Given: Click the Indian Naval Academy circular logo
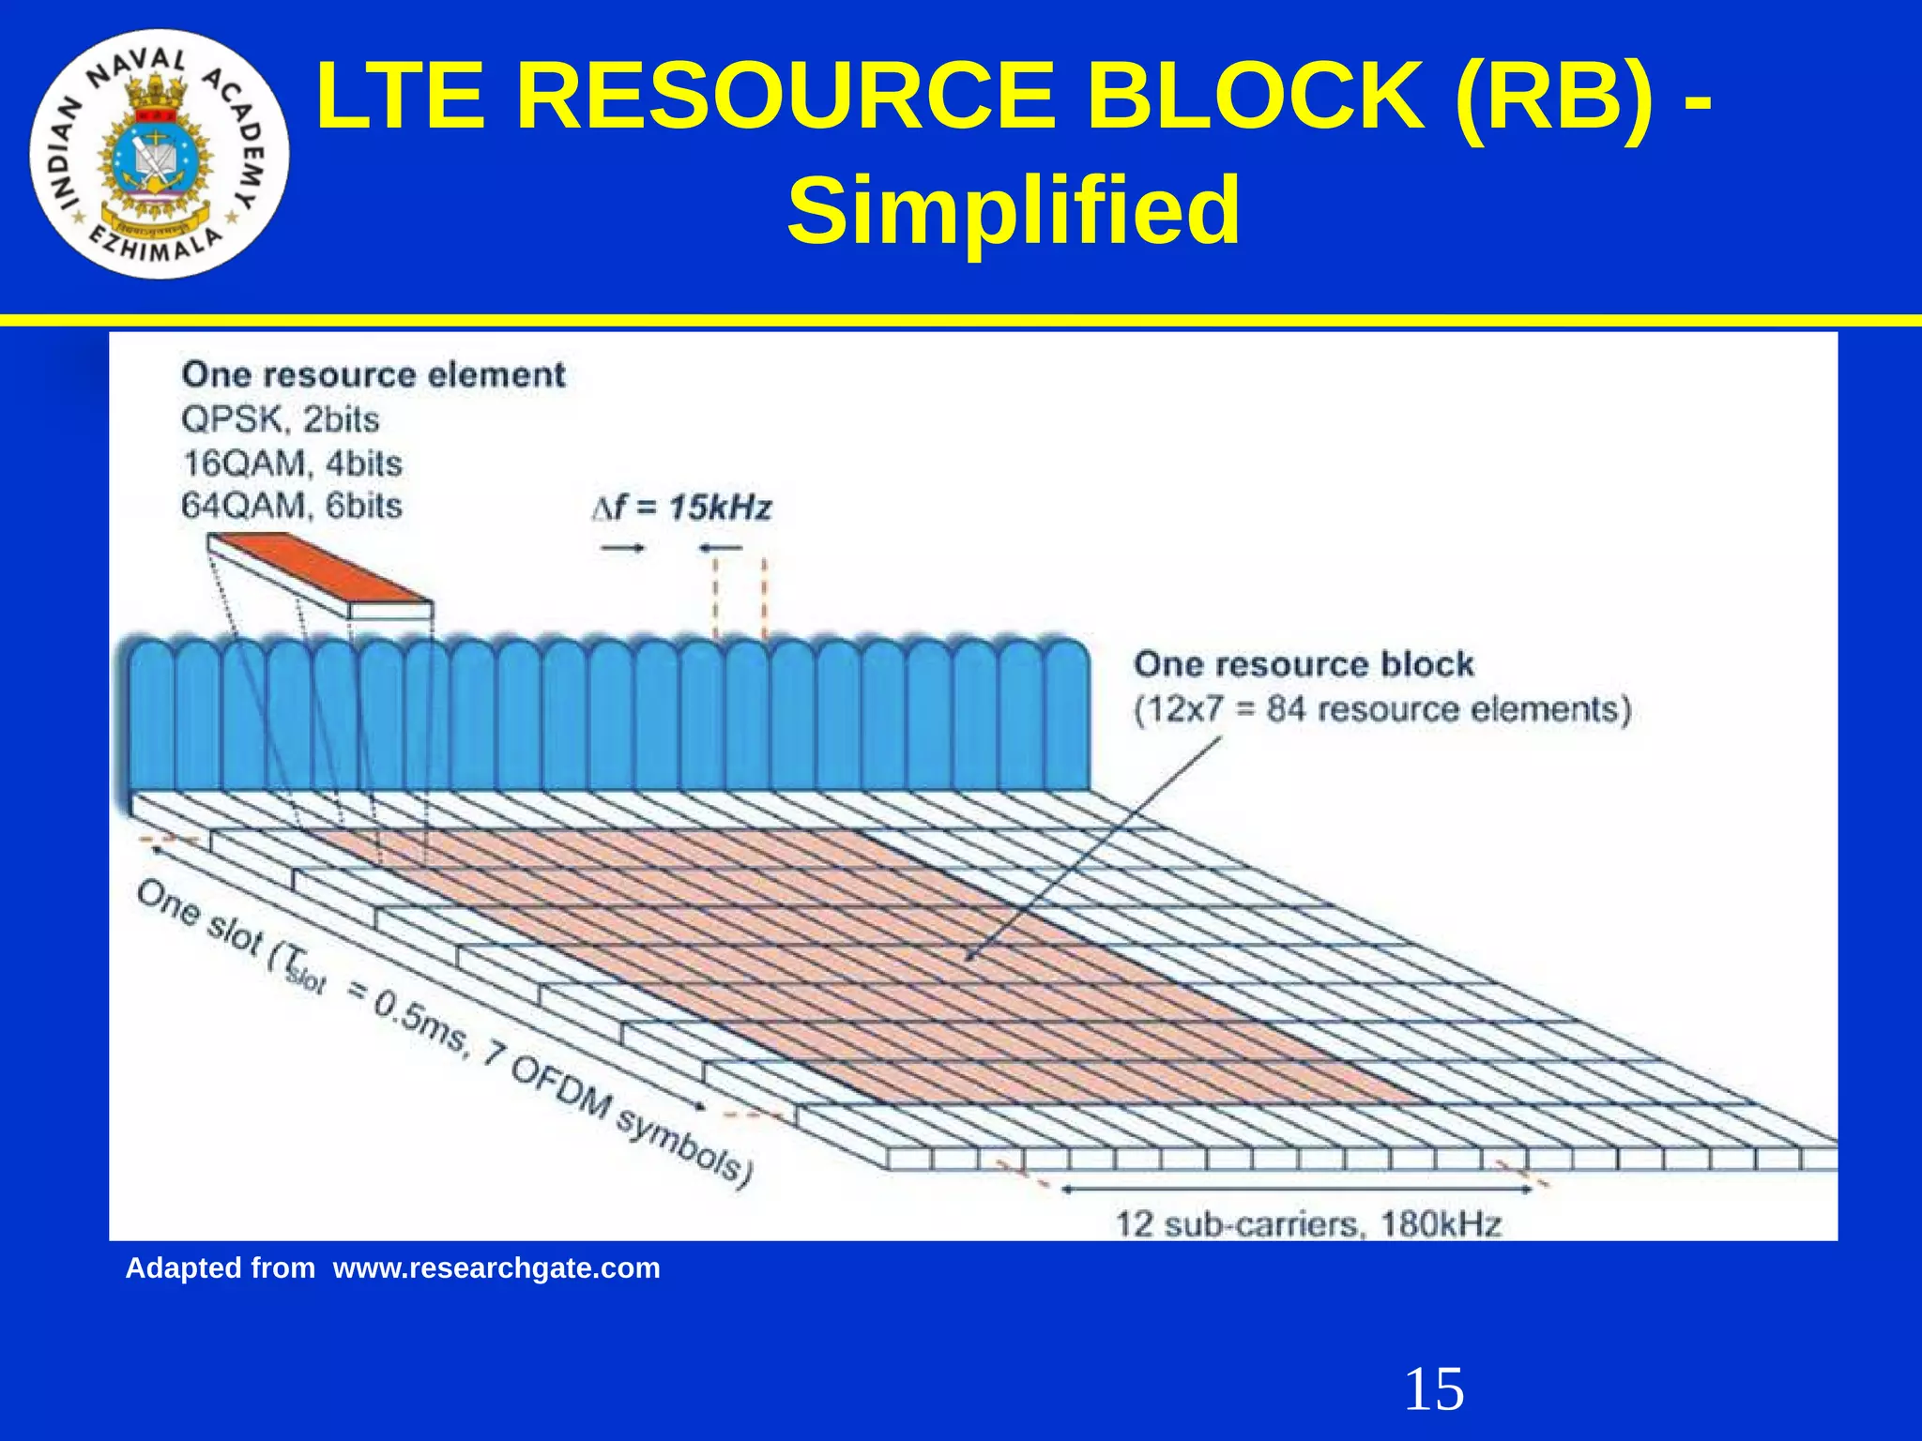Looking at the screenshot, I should tap(160, 155).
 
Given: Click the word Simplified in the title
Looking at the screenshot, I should tap(1014, 211).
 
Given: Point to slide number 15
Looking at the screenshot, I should tap(1433, 1389).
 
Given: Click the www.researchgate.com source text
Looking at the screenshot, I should tap(496, 1268).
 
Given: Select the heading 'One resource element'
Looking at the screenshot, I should tap(374, 375).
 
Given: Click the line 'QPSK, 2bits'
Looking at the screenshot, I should tap(280, 419).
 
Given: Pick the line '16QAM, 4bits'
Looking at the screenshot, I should tap(291, 463).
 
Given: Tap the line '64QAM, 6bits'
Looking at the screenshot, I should tap(291, 507).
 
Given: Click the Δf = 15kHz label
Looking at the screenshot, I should tap(682, 508).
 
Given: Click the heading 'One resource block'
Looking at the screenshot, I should tap(1304, 664).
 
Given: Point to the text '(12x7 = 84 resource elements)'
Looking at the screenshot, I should tap(1382, 709).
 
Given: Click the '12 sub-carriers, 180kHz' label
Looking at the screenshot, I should tap(1308, 1224).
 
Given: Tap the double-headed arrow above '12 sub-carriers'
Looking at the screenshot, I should tap(1297, 1190).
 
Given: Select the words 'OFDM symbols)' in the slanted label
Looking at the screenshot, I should tap(629, 1121).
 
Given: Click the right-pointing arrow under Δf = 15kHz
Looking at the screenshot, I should tap(622, 548).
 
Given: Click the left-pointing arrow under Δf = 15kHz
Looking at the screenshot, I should tap(721, 548).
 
